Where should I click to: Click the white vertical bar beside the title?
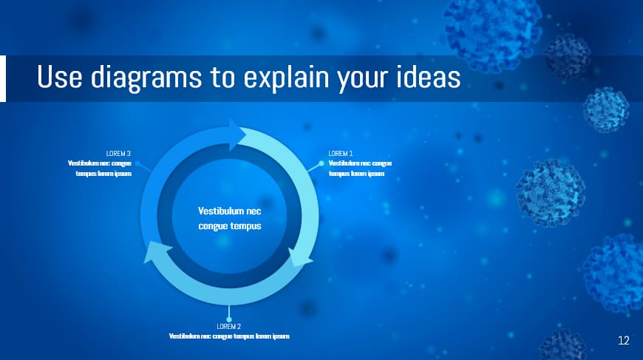[3, 78]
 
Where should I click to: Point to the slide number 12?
[623, 341]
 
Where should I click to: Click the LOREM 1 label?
[340, 154]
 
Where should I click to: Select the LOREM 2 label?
[228, 326]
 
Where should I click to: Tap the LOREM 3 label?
[119, 154]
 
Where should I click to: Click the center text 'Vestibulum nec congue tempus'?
[229, 218]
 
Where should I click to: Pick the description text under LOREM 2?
[228, 336]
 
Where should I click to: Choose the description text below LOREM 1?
[360, 169]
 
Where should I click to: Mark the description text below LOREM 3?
[100, 169]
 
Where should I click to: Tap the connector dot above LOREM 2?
[228, 319]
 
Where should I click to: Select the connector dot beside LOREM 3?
[137, 163]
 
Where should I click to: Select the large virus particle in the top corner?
[491, 30]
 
